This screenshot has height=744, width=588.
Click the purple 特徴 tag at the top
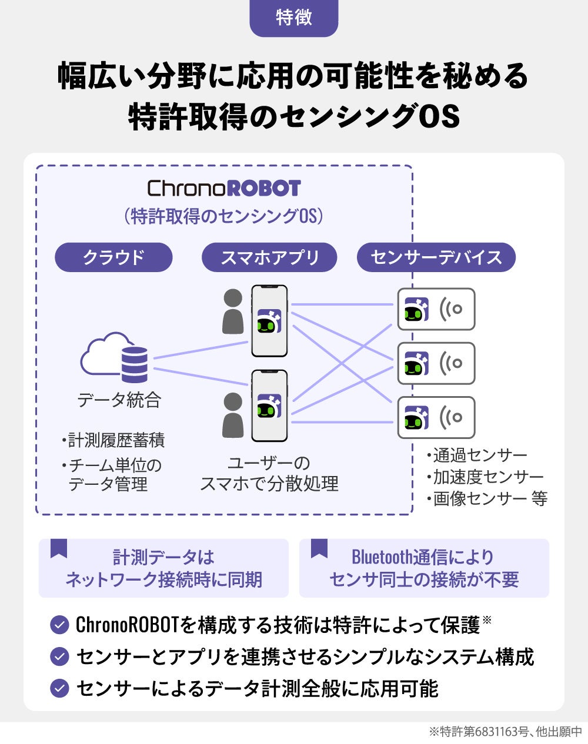[x=293, y=18]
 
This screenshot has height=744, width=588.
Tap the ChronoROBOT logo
[x=223, y=189]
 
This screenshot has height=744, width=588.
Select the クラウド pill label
[x=113, y=257]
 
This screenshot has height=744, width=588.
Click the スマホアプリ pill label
[x=269, y=257]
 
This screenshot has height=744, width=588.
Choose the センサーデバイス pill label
[x=436, y=257]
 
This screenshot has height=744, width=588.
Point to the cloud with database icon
[x=115, y=357]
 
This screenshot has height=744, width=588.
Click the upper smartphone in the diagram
[x=269, y=321]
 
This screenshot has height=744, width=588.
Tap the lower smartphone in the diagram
[x=269, y=405]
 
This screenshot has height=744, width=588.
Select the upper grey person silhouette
[x=233, y=311]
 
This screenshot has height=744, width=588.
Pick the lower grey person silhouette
[x=233, y=415]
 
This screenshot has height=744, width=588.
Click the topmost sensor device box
[x=436, y=309]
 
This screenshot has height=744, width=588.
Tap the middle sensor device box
[x=436, y=363]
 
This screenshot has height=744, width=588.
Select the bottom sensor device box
[x=436, y=417]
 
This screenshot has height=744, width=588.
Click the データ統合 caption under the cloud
[x=119, y=400]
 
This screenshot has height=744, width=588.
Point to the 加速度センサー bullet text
[x=488, y=477]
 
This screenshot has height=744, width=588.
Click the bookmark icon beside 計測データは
[x=59, y=548]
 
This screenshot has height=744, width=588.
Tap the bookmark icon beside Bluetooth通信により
[x=319, y=548]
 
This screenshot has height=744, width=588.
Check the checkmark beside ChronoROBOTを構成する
[x=59, y=625]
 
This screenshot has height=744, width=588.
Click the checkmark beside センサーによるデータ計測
[x=59, y=688]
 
